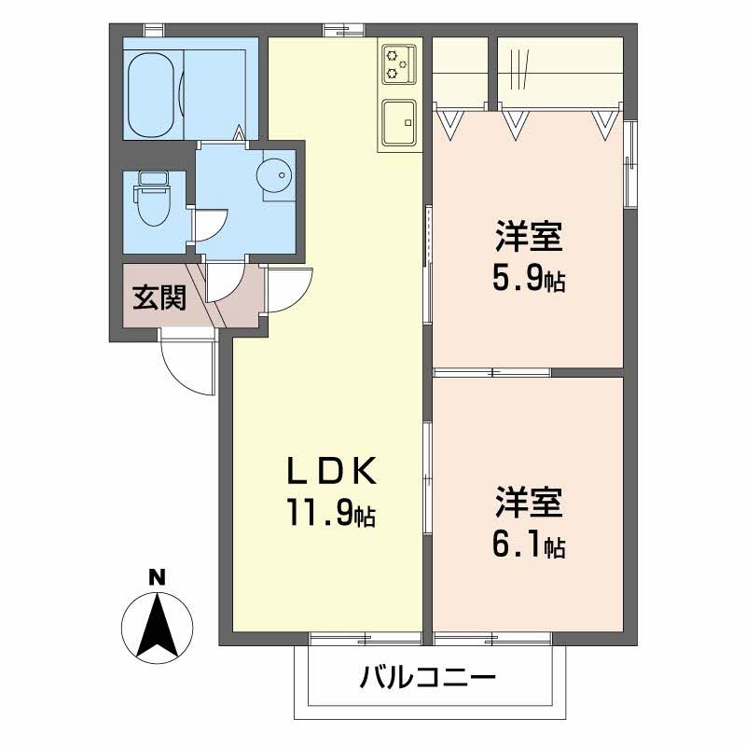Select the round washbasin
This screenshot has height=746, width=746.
pyautogui.click(x=272, y=174)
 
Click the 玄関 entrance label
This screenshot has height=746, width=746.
pyautogui.click(x=159, y=297)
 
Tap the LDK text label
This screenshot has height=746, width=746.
pyautogui.click(x=332, y=471)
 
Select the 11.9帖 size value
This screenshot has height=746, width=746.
pyautogui.click(x=332, y=511)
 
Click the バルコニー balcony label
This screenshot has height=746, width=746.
pyautogui.click(x=427, y=678)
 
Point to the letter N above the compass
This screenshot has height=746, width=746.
pyautogui.click(x=157, y=577)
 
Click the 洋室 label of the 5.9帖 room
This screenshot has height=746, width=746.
pyautogui.click(x=529, y=237)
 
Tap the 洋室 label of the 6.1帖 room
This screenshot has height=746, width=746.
pyautogui.click(x=529, y=503)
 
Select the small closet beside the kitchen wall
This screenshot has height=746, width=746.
pyautogui.click(x=460, y=71)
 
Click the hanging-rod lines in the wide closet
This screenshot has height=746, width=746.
pyautogui.click(x=518, y=70)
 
